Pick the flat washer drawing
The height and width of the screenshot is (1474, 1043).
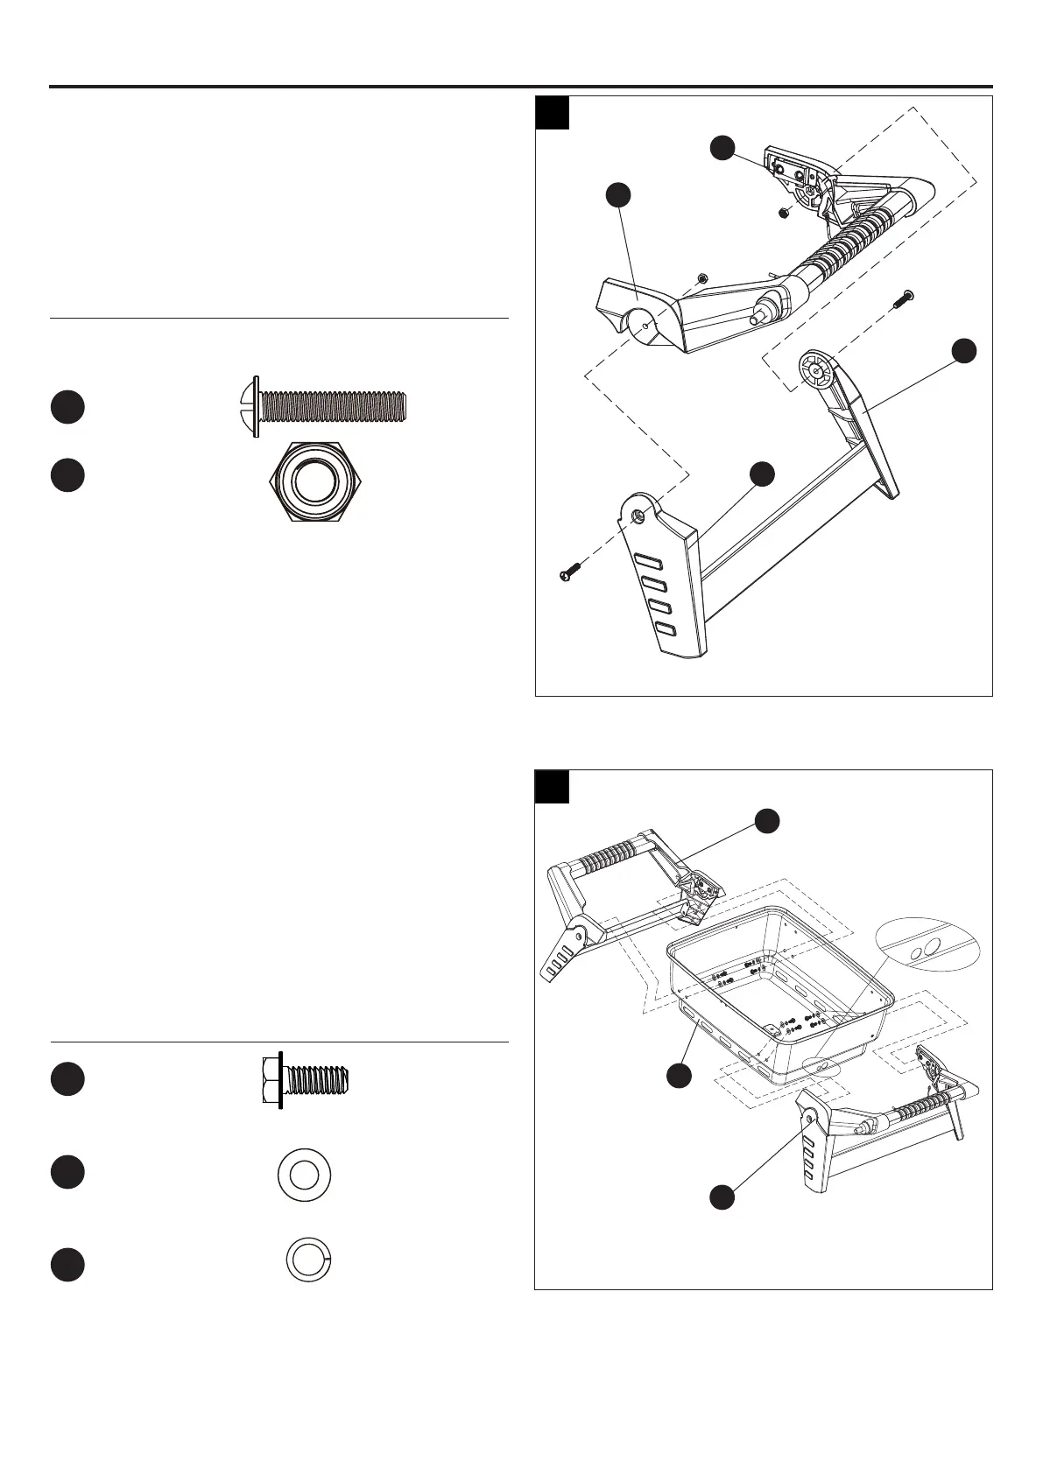(x=304, y=1175)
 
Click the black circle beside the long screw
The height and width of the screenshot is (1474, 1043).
(x=67, y=407)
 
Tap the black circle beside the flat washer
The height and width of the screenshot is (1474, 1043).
(x=67, y=1173)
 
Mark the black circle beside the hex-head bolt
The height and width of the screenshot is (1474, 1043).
(x=67, y=1078)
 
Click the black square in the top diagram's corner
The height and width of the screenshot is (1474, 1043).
(x=553, y=113)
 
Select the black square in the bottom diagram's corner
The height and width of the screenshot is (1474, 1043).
(x=553, y=786)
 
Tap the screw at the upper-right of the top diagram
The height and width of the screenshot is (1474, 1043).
(x=902, y=300)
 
